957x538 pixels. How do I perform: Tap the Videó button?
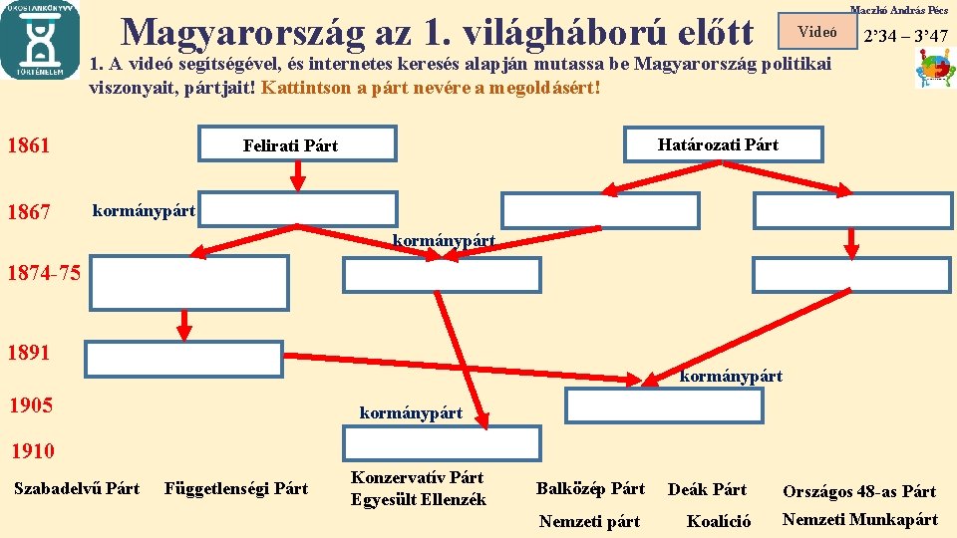pyautogui.click(x=817, y=31)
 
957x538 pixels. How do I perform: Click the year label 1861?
pyautogui.click(x=28, y=145)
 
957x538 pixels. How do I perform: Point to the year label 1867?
pyautogui.click(x=28, y=211)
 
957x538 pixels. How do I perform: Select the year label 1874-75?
pyautogui.click(x=41, y=273)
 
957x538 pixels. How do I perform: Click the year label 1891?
pyautogui.click(x=28, y=353)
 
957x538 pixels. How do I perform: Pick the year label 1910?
pyautogui.click(x=32, y=451)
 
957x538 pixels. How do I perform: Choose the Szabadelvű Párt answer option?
pyautogui.click(x=77, y=488)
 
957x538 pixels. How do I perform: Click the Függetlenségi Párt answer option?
pyautogui.click(x=236, y=488)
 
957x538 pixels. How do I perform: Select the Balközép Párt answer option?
pyautogui.click(x=590, y=488)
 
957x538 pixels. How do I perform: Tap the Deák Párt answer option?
pyautogui.click(x=707, y=489)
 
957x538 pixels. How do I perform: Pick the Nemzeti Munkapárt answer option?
pyautogui.click(x=859, y=519)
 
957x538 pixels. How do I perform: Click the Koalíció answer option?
pyautogui.click(x=718, y=520)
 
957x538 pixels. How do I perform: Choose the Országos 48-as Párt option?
pyautogui.click(x=859, y=491)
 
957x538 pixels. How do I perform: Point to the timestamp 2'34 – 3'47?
pyautogui.click(x=905, y=37)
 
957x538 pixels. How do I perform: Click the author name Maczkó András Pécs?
pyautogui.click(x=898, y=9)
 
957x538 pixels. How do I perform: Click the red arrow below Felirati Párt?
pyautogui.click(x=297, y=175)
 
